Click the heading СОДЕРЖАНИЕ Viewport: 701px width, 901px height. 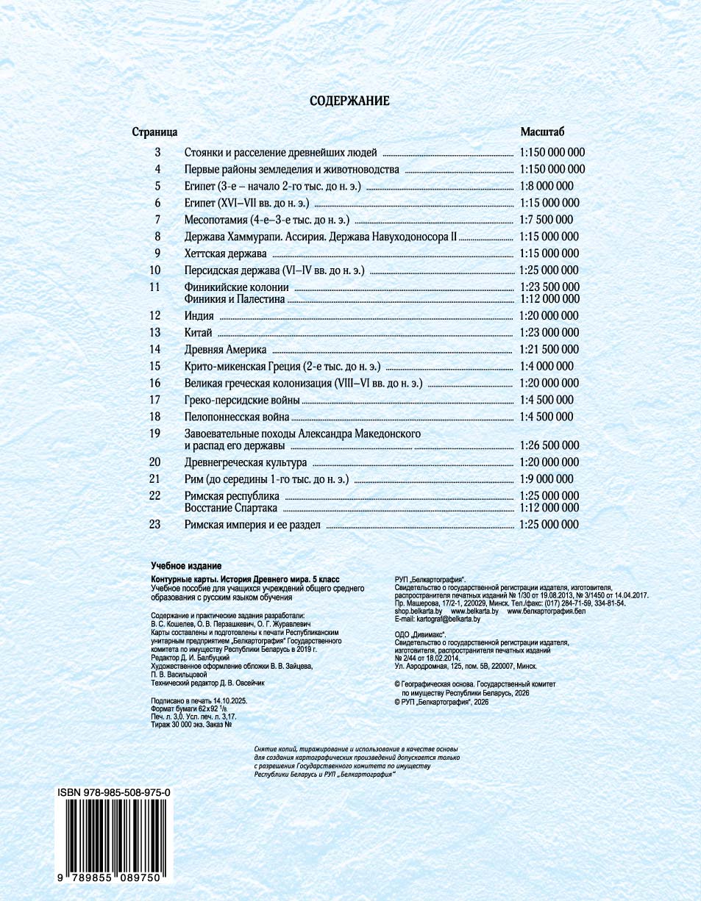coord(349,101)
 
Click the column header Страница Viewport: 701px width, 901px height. coord(154,132)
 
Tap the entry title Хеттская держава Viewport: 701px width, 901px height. coord(225,254)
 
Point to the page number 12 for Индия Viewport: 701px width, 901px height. coord(154,315)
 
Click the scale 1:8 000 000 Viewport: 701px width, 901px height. coord(546,186)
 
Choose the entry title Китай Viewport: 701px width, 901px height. coord(199,332)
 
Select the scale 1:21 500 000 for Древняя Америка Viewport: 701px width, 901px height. coord(549,349)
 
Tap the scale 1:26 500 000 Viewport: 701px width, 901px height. coord(549,445)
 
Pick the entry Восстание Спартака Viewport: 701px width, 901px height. coord(230,508)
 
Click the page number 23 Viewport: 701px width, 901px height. coord(154,525)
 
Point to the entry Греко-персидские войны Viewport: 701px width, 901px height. coord(242,400)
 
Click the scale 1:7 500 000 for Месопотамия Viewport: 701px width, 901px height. coord(546,220)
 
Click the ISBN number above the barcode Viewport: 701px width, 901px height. coord(114,793)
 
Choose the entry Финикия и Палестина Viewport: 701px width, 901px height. coord(234,299)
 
